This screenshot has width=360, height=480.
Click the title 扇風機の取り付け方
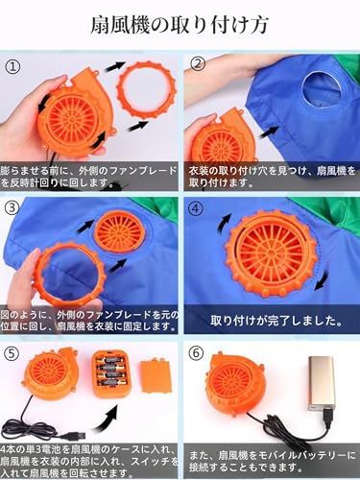click(180, 24)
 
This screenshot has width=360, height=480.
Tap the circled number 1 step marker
click(12, 67)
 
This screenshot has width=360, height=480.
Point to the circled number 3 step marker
click(12, 207)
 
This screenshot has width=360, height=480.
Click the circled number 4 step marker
click(197, 207)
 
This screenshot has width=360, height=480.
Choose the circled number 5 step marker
click(12, 352)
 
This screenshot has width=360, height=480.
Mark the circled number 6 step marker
click(197, 352)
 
